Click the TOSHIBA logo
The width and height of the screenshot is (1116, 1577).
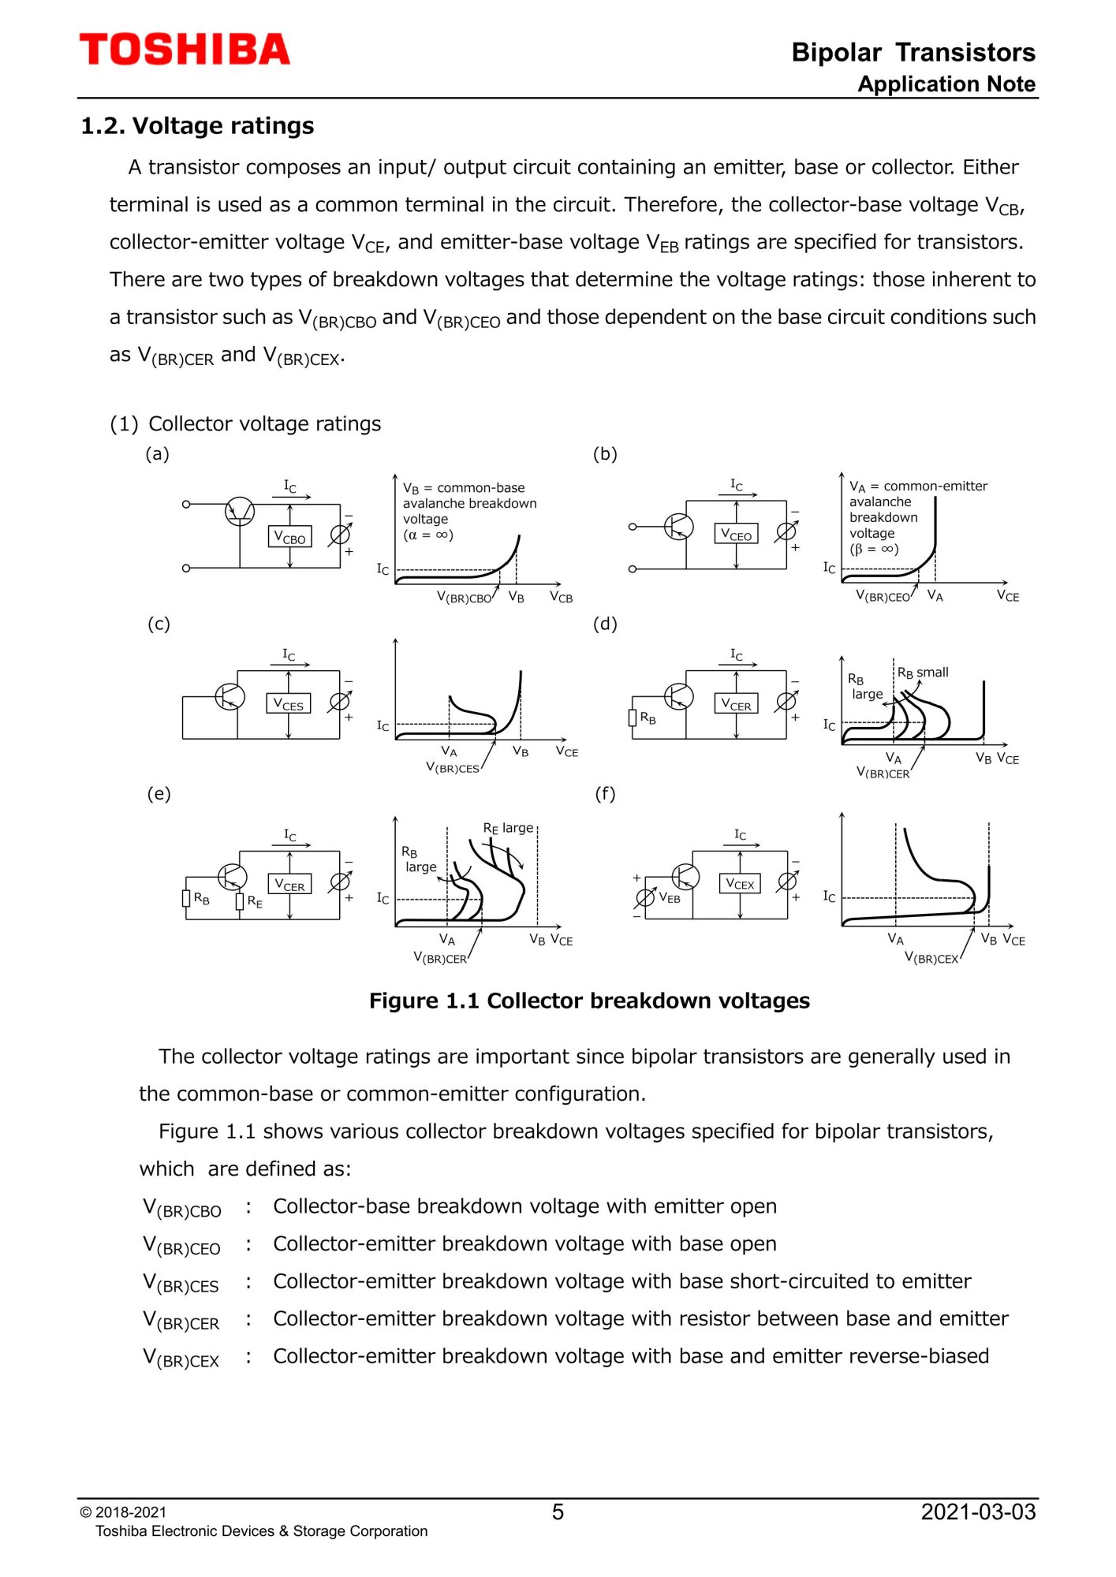(185, 50)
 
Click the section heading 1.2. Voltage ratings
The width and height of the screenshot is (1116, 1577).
(197, 126)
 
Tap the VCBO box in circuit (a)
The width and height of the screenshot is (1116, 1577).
(289, 537)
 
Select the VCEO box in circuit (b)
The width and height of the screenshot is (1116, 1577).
(736, 534)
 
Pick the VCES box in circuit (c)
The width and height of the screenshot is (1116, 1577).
(288, 703)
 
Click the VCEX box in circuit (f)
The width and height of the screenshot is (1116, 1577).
(740, 883)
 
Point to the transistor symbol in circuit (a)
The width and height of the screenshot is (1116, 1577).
(240, 512)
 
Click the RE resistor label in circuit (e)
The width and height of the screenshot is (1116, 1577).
(255, 901)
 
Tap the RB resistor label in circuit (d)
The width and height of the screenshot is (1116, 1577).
(648, 718)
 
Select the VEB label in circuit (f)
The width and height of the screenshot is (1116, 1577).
(669, 897)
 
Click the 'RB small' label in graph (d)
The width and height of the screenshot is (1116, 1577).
(923, 673)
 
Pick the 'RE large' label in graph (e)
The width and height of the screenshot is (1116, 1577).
(508, 828)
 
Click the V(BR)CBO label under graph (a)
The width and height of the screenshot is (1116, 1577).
(464, 598)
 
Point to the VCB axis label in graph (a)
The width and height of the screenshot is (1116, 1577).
(561, 597)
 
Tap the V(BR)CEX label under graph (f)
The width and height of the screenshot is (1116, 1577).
(931, 958)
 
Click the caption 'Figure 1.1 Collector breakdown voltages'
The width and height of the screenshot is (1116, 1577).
(589, 1001)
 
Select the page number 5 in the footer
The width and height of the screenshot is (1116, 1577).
(558, 1512)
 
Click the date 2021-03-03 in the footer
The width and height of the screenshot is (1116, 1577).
(978, 1512)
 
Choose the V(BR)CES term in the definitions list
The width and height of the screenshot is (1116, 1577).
(181, 1283)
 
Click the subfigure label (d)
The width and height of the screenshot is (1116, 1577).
(605, 624)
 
